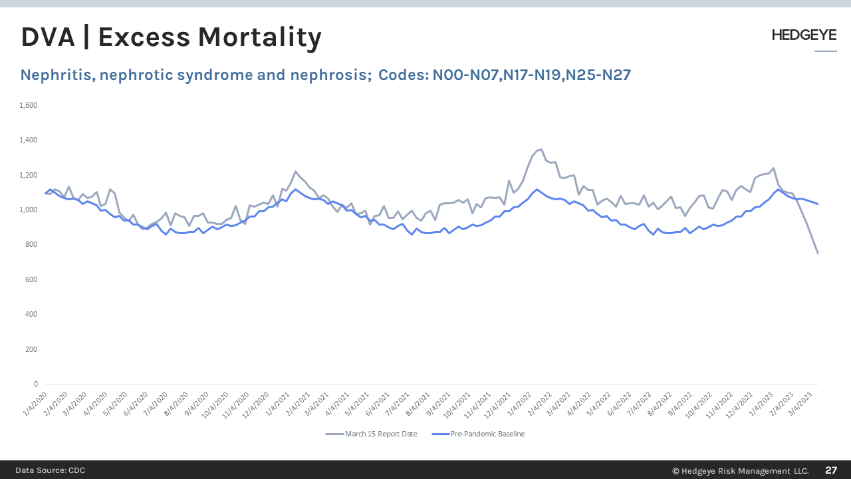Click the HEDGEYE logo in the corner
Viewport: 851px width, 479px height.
point(804,35)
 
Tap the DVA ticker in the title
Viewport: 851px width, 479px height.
point(46,38)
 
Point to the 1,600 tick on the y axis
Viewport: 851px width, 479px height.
point(29,105)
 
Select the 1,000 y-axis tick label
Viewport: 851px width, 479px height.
point(29,210)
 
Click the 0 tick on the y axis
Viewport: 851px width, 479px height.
point(35,384)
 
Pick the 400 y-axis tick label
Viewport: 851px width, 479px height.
point(31,314)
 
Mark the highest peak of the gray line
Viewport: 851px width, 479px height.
point(541,149)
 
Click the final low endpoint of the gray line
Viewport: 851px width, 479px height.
point(818,253)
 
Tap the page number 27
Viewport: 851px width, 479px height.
point(831,470)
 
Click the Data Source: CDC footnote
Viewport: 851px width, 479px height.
point(51,470)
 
